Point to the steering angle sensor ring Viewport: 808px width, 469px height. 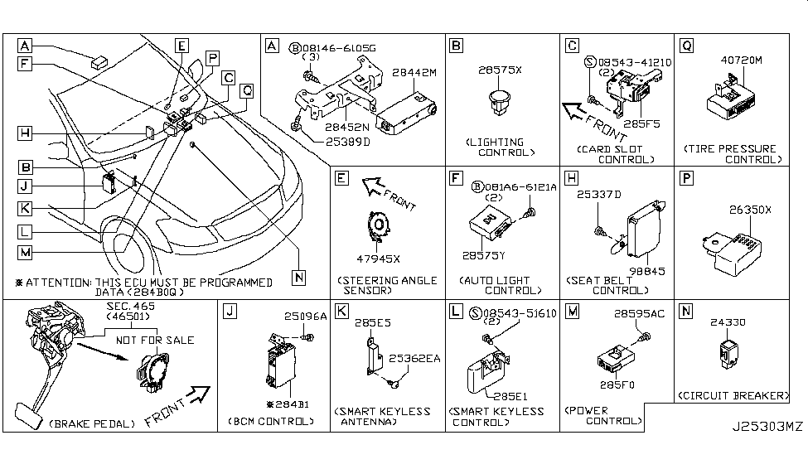pyautogui.click(x=376, y=225)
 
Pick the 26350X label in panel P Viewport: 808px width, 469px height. pyautogui.click(x=750, y=210)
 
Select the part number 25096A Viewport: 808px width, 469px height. pyautogui.click(x=300, y=317)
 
